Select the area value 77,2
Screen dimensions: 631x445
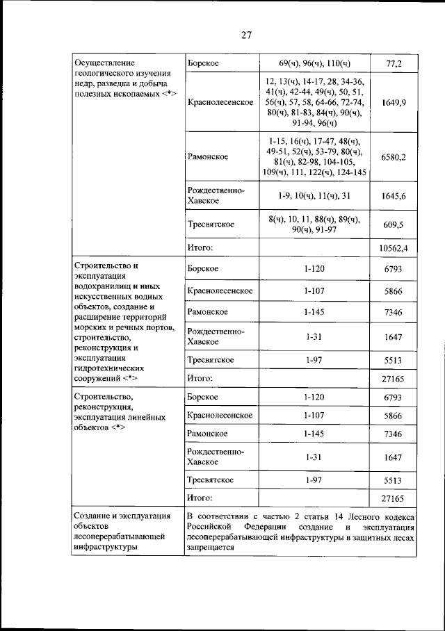(x=394, y=64)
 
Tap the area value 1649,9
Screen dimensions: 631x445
(x=394, y=103)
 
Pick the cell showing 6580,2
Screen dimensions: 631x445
(x=394, y=157)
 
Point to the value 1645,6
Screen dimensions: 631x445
(x=394, y=197)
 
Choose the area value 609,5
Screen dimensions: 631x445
(x=394, y=225)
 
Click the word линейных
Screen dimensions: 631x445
(x=148, y=417)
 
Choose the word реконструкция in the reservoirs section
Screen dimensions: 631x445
(x=99, y=347)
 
